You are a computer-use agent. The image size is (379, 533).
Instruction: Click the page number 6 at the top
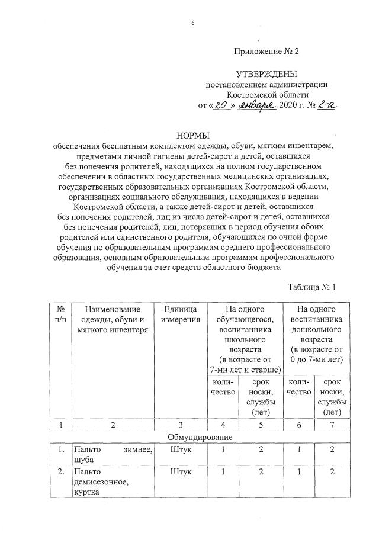point(193,23)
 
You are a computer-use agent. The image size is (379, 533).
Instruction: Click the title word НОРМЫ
point(194,136)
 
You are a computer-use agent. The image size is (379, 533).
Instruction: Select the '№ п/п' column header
point(60,314)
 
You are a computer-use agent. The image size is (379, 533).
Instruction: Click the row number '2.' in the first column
point(60,473)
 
